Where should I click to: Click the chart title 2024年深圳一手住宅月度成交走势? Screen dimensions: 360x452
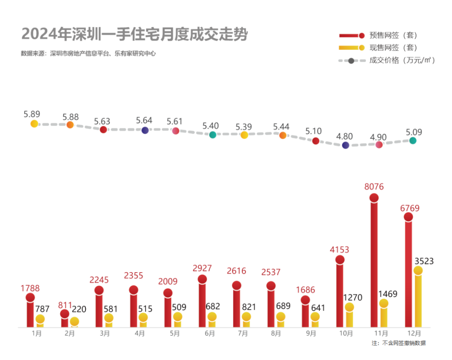pyautogui.click(x=134, y=34)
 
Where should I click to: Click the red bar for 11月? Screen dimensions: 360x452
pyautogui.click(x=374, y=263)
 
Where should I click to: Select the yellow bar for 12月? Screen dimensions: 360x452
pyautogui.click(x=418, y=299)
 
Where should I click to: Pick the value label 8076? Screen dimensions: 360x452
pyautogui.click(x=374, y=186)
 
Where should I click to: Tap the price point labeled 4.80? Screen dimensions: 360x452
pyautogui.click(x=346, y=145)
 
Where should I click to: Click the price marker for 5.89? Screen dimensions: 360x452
pyautogui.click(x=34, y=124)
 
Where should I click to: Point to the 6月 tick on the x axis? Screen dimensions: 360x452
pyautogui.click(x=210, y=333)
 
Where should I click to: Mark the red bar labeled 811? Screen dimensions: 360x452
pyautogui.click(x=65, y=320)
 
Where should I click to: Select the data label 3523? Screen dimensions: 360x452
pyautogui.click(x=424, y=261)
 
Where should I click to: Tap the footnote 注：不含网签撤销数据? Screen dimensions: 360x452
pyautogui.click(x=398, y=343)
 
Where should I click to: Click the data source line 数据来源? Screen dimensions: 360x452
pyautogui.click(x=88, y=54)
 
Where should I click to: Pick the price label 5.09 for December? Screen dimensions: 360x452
pyautogui.click(x=413, y=132)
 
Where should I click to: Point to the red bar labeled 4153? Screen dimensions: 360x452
pyautogui.click(x=340, y=293)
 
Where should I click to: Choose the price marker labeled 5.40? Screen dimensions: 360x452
pyautogui.click(x=213, y=135)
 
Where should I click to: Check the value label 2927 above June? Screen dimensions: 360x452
pyautogui.click(x=203, y=268)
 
